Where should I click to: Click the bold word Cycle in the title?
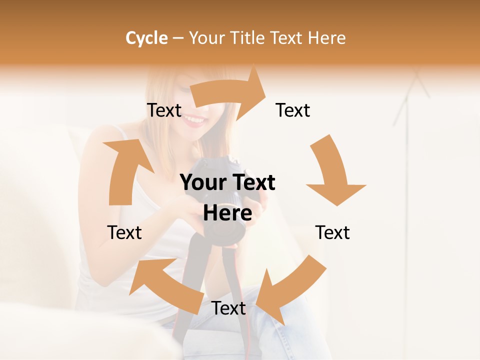(146, 38)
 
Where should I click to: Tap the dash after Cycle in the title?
(178, 38)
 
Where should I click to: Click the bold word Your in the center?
(202, 182)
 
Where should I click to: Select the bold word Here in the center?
(227, 213)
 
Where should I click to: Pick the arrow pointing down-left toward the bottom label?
(290, 290)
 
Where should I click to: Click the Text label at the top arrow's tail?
(164, 110)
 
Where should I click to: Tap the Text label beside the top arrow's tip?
(293, 110)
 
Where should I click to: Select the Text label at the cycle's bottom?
(228, 308)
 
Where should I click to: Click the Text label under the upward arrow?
(124, 232)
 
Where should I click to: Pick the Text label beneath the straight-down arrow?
(332, 232)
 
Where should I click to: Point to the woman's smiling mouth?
(194, 120)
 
